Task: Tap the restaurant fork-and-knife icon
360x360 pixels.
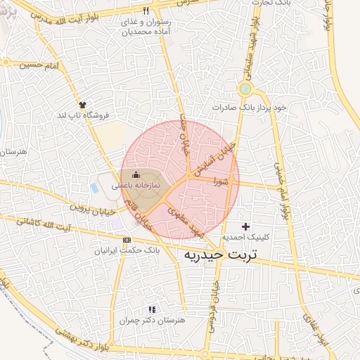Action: (x=146, y=11)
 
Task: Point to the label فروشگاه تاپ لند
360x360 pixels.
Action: (x=82, y=114)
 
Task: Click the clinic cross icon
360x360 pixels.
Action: (x=245, y=226)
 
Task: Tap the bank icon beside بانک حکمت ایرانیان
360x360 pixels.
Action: (x=126, y=240)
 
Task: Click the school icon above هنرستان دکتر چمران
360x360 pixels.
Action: (x=151, y=309)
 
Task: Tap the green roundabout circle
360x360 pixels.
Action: (x=245, y=89)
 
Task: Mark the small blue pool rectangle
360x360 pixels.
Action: (x=94, y=188)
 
